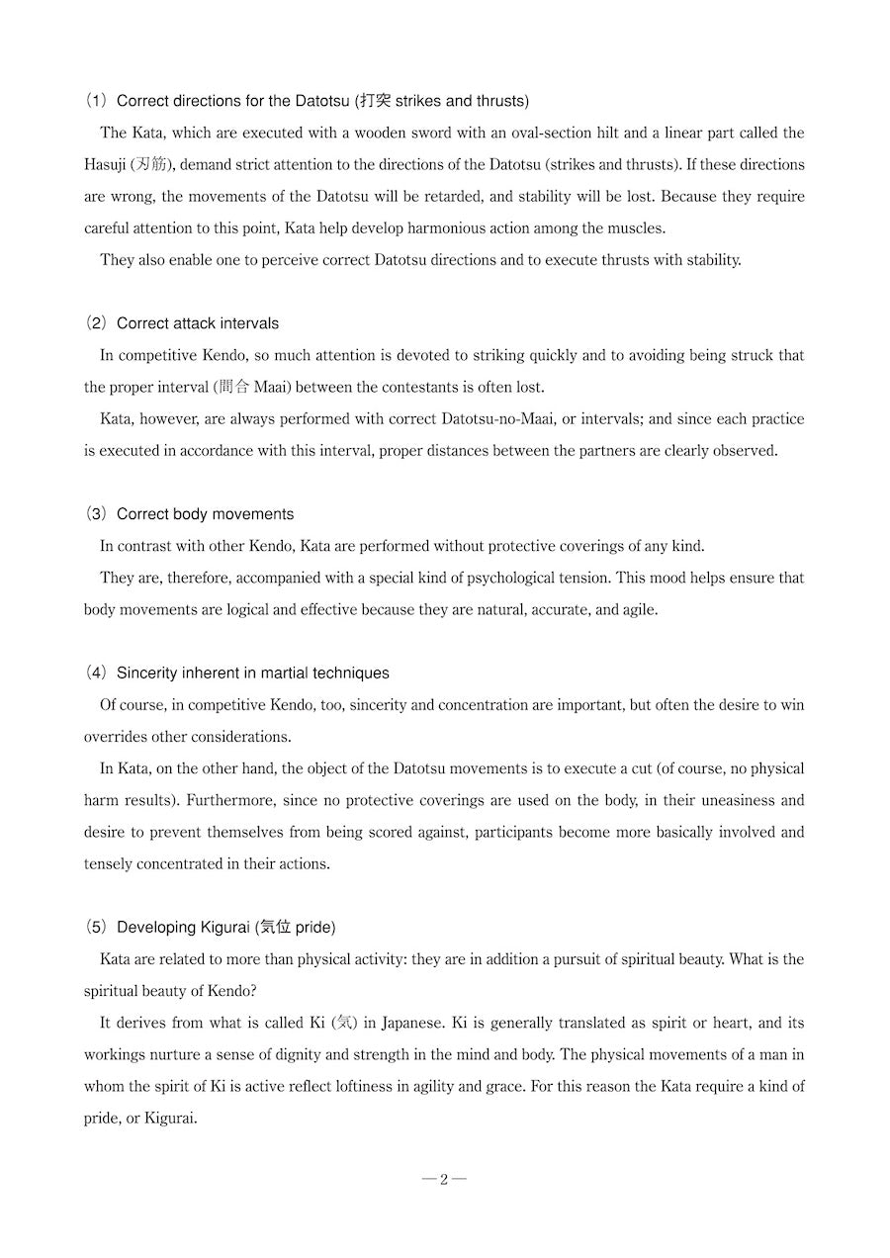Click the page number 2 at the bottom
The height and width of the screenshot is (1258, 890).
pyautogui.click(x=444, y=1179)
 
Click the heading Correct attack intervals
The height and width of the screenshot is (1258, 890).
pyautogui.click(x=198, y=323)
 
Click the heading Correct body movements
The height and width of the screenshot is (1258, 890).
pyautogui.click(x=205, y=514)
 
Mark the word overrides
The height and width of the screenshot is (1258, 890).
pyautogui.click(x=117, y=737)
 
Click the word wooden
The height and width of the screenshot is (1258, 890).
pyautogui.click(x=335, y=133)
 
